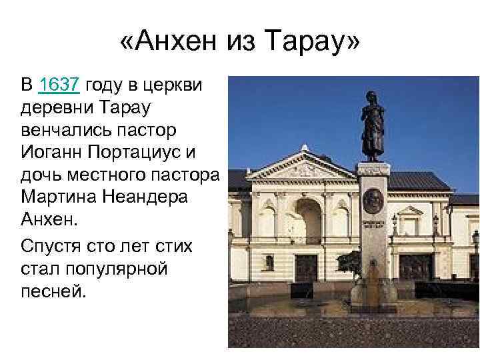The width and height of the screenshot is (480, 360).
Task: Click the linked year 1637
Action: [61, 85]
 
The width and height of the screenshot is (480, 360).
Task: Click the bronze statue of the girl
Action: [373, 124]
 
